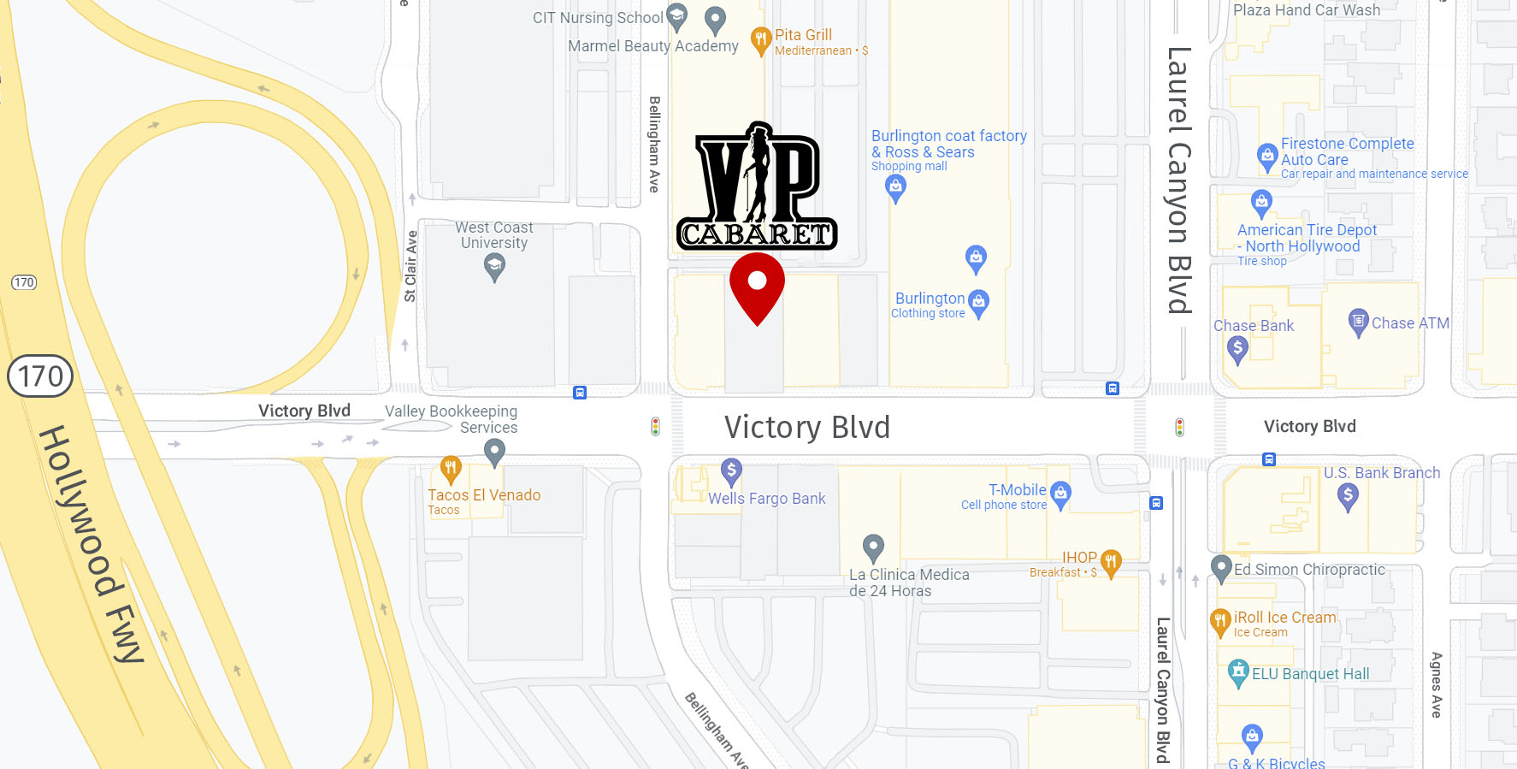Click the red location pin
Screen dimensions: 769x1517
757,286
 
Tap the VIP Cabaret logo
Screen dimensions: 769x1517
757,187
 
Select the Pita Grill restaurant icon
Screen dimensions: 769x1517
760,39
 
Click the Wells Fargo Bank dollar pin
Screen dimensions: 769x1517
731,470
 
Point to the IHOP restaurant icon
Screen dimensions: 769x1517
1111,562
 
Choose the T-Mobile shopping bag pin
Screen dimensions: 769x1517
1060,494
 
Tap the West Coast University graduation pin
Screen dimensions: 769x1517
494,267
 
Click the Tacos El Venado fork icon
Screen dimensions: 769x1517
451,468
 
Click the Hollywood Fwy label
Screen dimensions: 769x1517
91,544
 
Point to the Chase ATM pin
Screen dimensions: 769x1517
1359,322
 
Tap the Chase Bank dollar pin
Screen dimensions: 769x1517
1237,348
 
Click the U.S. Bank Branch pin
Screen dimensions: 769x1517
1348,495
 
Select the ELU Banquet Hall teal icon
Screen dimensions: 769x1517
1238,672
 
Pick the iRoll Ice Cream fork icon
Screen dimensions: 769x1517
1220,621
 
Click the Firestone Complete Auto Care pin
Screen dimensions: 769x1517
1267,156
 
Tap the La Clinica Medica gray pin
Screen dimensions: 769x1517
873,546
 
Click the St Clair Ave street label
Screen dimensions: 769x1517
410,266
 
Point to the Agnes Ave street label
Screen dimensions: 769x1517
1437,684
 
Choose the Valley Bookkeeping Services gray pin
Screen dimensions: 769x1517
494,450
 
